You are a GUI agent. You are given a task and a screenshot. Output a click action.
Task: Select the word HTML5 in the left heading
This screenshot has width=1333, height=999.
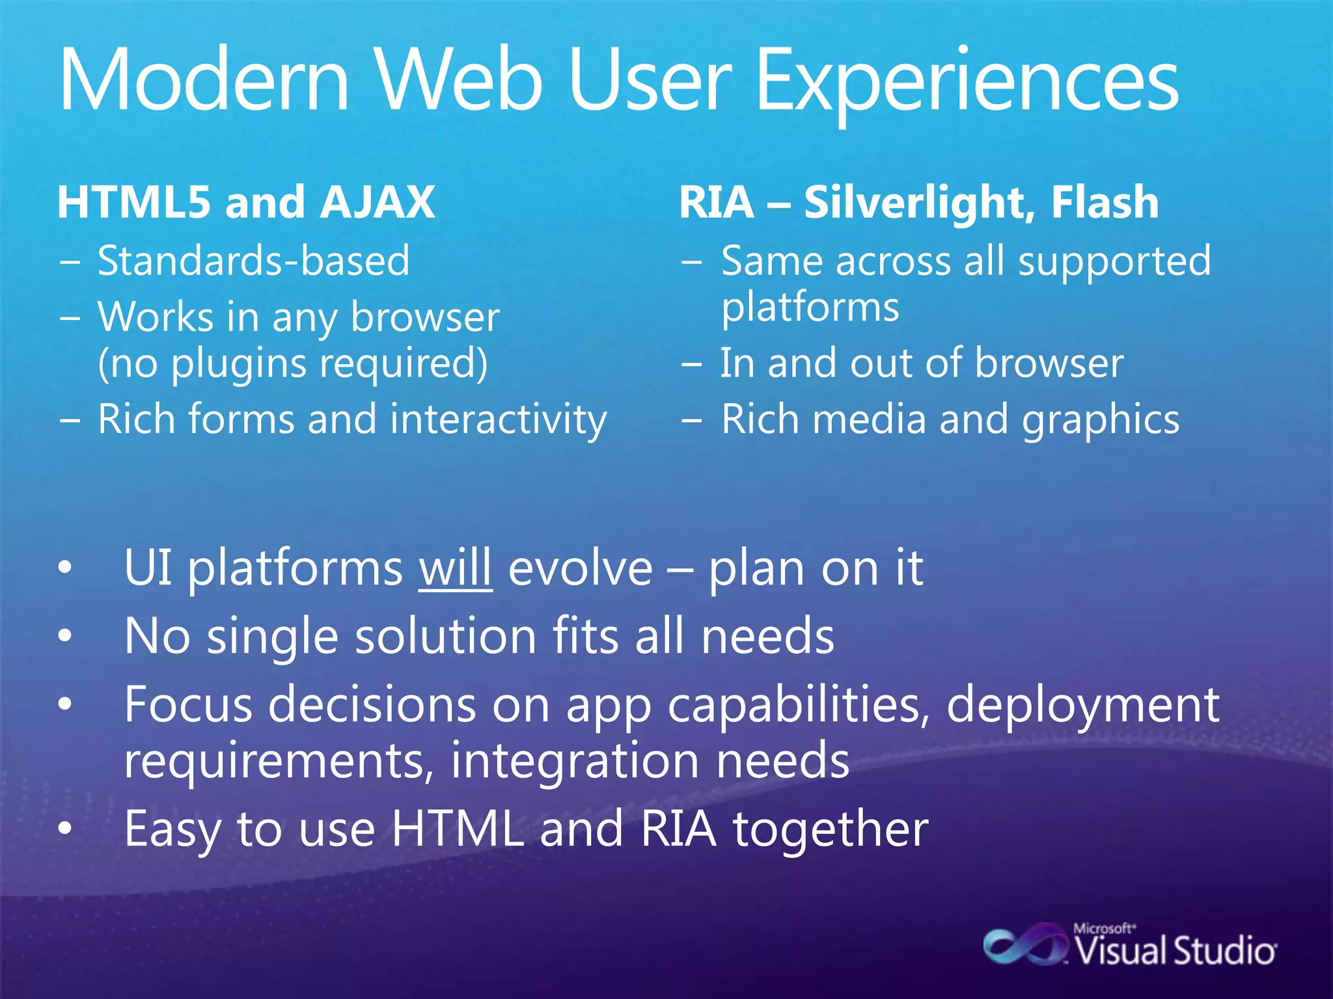click(x=133, y=202)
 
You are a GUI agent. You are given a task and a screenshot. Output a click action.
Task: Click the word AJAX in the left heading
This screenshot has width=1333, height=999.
click(x=378, y=202)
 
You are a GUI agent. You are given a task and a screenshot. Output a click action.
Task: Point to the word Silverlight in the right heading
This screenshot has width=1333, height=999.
click(x=919, y=202)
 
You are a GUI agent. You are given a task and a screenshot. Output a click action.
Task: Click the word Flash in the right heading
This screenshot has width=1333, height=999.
click(x=1105, y=202)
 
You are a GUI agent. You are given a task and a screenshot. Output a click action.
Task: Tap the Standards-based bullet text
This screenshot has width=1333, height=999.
click(x=254, y=261)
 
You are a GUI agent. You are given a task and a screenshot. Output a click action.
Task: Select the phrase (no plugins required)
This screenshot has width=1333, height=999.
click(x=292, y=364)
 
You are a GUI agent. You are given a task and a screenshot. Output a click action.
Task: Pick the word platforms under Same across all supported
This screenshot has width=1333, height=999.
click(x=810, y=308)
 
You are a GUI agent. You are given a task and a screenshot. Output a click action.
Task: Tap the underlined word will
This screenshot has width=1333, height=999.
click(x=455, y=568)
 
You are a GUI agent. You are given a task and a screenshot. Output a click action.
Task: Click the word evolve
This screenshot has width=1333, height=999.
click(x=580, y=568)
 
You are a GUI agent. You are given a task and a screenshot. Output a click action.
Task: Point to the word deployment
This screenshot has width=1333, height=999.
click(x=1082, y=705)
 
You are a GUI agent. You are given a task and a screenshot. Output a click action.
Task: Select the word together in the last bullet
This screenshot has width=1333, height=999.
click(x=831, y=829)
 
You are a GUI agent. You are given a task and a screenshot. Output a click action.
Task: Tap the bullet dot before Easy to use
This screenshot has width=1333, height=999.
click(x=64, y=829)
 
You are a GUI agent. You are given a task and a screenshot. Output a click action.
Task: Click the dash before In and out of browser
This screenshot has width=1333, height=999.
click(x=691, y=364)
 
